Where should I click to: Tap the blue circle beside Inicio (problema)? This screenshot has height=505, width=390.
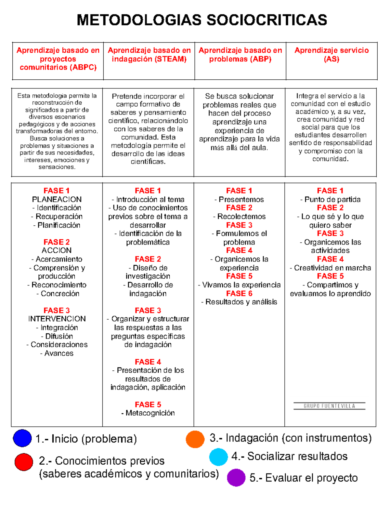tap(22, 438)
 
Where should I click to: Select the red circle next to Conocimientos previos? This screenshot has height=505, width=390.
tap(24, 462)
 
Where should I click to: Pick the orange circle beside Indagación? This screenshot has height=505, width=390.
tap(195, 439)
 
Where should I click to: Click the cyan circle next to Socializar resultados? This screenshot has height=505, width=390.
tap(218, 457)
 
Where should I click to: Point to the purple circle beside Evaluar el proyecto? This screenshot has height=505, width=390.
tap(236, 477)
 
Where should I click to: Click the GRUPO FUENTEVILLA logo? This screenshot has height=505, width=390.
tap(329, 406)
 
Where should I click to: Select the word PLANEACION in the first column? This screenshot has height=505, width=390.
tap(57, 199)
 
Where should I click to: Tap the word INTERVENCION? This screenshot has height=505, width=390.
tap(57, 319)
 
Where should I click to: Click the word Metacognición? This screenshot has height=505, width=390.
tap(150, 413)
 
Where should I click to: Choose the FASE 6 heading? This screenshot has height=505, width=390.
tap(239, 293)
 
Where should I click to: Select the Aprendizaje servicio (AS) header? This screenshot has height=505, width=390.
tap(331, 54)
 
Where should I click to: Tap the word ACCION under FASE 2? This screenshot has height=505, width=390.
tap(57, 250)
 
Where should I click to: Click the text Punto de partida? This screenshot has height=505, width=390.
tap(332, 199)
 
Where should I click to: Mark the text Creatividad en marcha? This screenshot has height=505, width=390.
tap(332, 268)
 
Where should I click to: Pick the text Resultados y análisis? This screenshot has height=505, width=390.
tap(241, 302)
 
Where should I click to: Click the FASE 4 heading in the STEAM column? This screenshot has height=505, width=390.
tap(148, 362)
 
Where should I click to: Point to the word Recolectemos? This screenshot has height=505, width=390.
tap(241, 216)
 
